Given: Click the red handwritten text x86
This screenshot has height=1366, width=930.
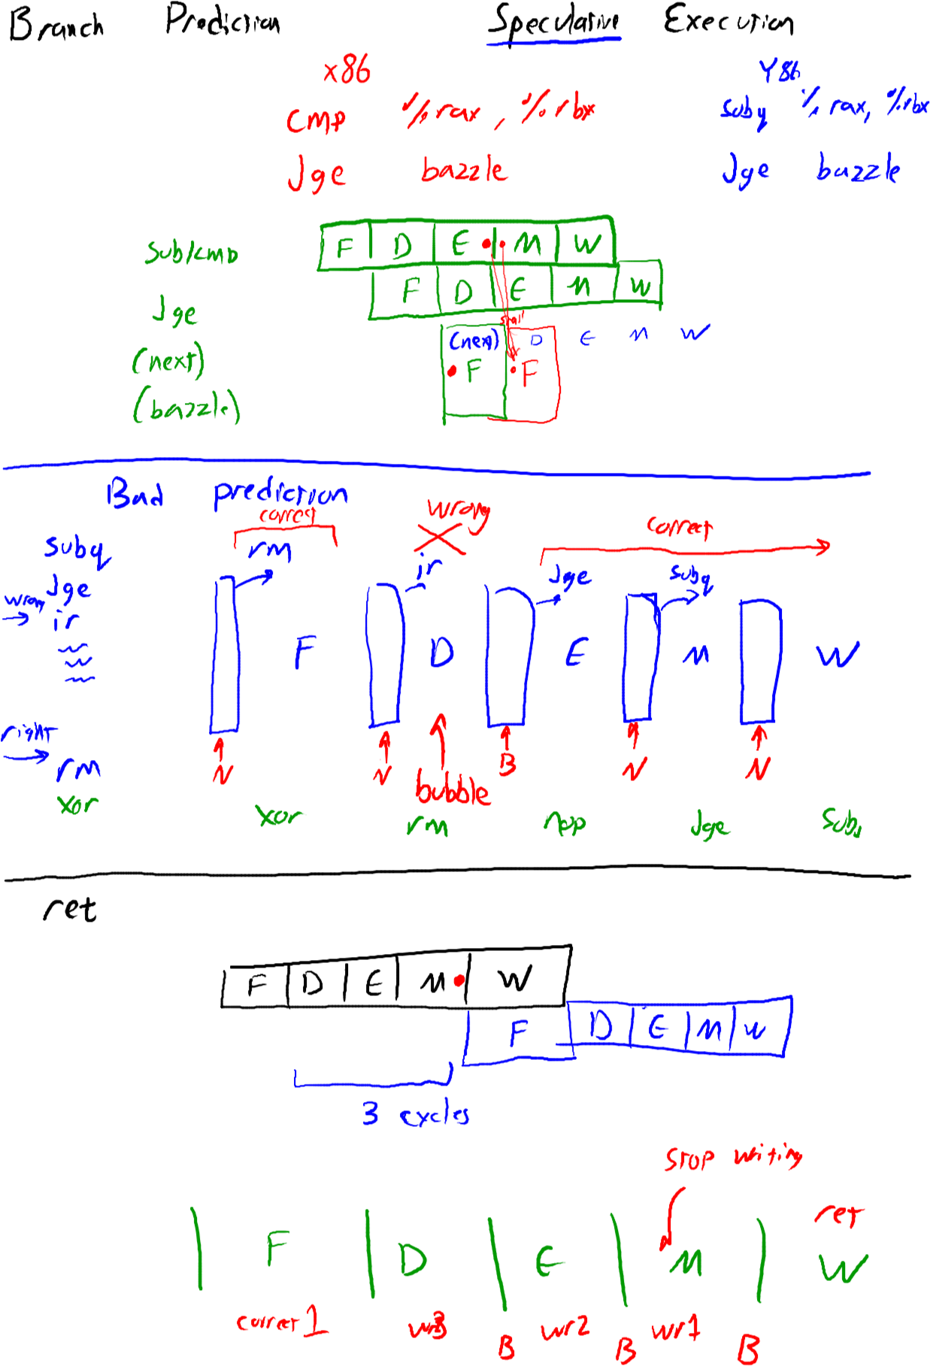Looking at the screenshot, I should (x=347, y=71).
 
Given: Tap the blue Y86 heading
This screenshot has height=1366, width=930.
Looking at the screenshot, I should (x=779, y=71).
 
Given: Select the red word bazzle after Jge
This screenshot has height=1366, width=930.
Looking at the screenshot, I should (x=465, y=170).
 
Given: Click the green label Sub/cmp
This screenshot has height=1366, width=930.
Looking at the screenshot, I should (x=192, y=253).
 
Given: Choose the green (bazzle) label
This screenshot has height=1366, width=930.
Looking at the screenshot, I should (x=186, y=407).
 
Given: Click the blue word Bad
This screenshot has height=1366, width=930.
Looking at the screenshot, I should (x=135, y=494).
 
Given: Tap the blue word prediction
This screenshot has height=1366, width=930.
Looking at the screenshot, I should (x=280, y=493).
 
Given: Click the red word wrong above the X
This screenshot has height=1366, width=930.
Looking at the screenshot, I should (x=458, y=510).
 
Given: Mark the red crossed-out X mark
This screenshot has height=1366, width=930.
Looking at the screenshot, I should (x=440, y=538).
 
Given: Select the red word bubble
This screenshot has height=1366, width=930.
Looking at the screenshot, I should (x=453, y=791).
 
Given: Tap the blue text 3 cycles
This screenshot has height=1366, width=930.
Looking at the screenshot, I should (x=416, y=1113).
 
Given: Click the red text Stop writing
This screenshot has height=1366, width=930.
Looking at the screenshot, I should (x=733, y=1158).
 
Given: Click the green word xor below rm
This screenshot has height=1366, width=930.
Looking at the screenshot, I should (x=77, y=804).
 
